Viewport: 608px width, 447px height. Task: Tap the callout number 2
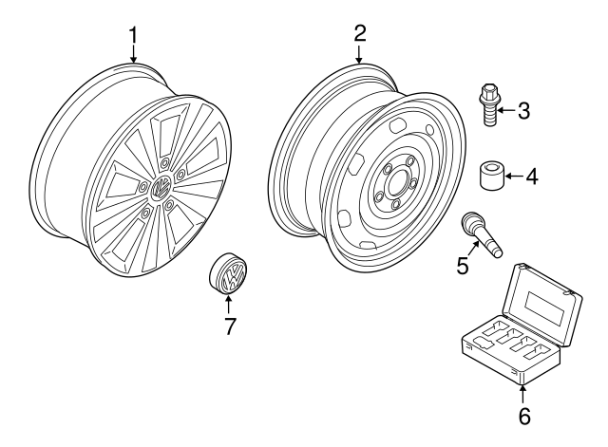pos(360,33)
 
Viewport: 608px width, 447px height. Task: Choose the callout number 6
pos(523,416)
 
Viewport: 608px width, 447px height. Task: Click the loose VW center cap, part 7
pos(228,275)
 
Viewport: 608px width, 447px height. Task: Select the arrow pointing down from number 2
pos(360,54)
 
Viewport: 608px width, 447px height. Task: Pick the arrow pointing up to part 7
pos(229,306)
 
